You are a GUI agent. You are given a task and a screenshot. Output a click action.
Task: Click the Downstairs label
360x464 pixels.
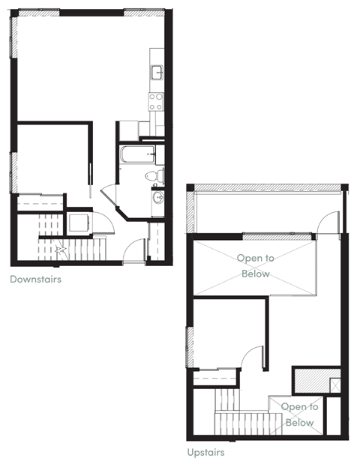(x=35, y=280)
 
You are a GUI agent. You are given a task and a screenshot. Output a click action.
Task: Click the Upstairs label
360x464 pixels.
(x=205, y=452)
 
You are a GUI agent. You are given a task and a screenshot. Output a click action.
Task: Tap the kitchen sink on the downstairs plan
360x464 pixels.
(x=157, y=73)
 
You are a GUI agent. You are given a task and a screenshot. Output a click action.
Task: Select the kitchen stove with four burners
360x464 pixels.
(x=157, y=100)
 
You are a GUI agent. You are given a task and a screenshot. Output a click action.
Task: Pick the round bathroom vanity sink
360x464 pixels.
(x=157, y=198)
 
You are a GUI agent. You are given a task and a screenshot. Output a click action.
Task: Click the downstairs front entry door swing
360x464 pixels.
(x=133, y=250)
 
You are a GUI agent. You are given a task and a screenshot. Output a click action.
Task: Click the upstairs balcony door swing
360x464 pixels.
(x=327, y=223)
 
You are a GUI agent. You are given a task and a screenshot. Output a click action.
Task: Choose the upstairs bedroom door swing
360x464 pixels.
(x=253, y=358)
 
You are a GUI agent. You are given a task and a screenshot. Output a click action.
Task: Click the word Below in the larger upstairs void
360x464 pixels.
(x=255, y=274)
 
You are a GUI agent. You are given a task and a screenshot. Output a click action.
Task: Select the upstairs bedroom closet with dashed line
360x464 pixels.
(x=216, y=379)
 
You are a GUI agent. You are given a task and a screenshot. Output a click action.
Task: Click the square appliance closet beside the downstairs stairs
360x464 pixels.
(x=79, y=223)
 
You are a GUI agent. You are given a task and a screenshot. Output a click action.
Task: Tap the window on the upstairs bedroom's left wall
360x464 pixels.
(x=188, y=347)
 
